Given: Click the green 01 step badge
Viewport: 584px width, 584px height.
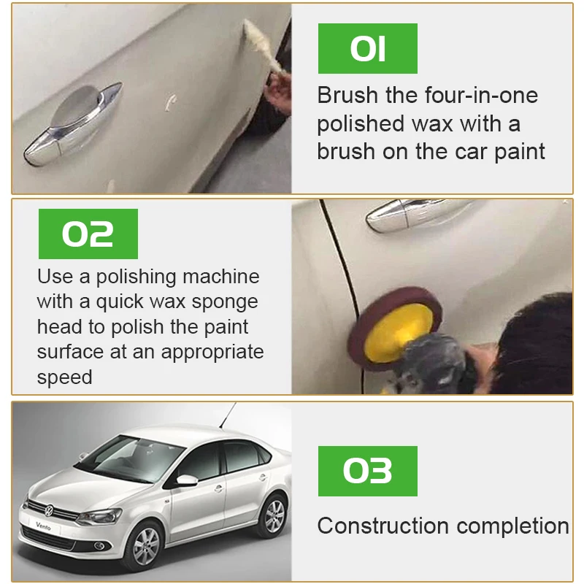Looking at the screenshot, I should pyautogui.click(x=367, y=49).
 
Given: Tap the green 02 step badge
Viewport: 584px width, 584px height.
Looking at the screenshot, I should pyautogui.click(x=88, y=234).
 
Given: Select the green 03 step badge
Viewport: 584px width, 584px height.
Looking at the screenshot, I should pyautogui.click(x=367, y=471).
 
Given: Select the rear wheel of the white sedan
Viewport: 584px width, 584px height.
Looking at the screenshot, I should pyautogui.click(x=274, y=515).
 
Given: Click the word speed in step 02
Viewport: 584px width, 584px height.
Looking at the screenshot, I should pyautogui.click(x=64, y=377).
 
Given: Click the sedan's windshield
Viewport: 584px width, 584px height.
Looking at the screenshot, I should pyautogui.click(x=131, y=457).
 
